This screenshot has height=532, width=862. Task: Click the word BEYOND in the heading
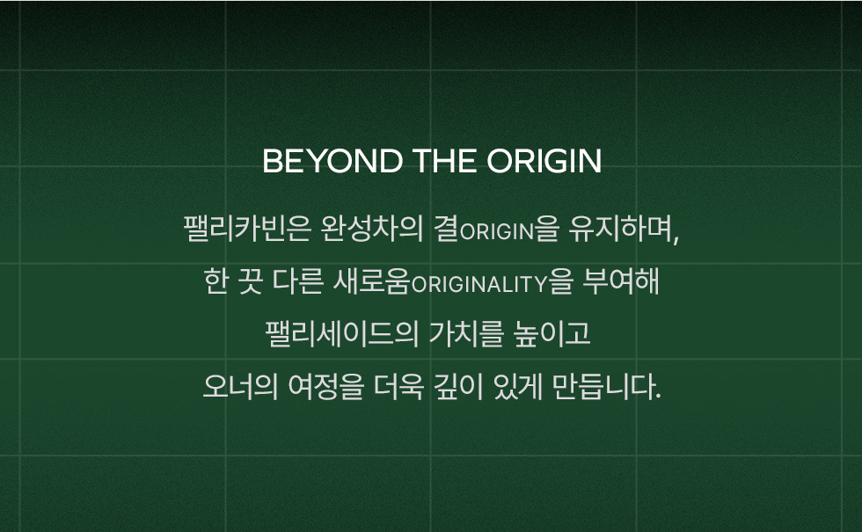(332, 161)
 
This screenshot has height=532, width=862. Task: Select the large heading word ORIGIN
(544, 161)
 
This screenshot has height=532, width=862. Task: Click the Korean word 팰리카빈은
(247, 229)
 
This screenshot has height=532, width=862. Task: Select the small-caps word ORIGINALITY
(479, 284)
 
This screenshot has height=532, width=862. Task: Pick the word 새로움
(371, 281)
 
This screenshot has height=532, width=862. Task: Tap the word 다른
(297, 281)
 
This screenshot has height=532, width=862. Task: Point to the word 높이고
(552, 333)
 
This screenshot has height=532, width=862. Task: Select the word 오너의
(240, 386)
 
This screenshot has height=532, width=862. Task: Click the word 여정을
(326, 386)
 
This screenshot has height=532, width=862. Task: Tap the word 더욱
(398, 386)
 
